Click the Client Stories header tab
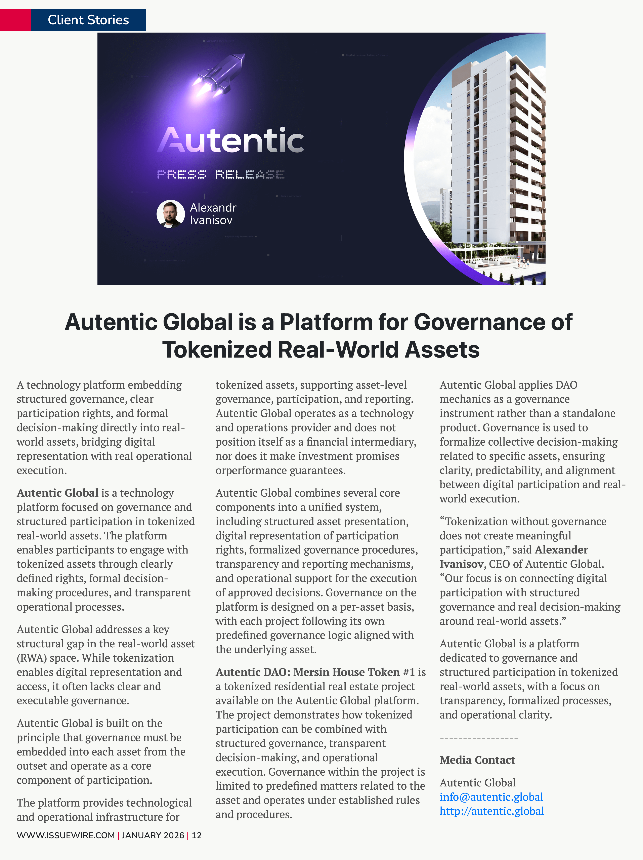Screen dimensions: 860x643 (88, 20)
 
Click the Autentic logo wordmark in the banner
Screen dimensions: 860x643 (230, 140)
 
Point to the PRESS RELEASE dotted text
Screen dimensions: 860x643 (220, 175)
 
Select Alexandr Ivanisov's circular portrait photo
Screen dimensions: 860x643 (170, 214)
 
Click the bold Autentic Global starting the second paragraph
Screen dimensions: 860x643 (57, 493)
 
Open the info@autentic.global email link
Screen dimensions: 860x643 (491, 797)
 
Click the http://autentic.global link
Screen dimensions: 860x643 (491, 811)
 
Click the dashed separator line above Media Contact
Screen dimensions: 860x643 (479, 738)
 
